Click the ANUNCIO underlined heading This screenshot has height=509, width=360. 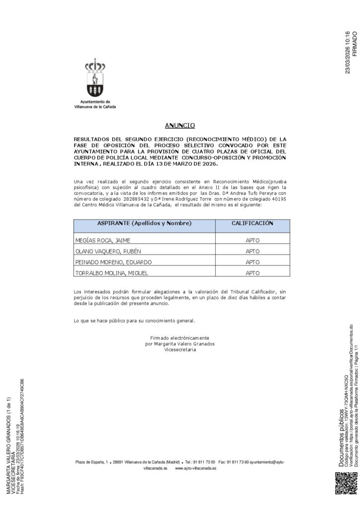180,126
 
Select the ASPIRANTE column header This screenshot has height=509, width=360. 144,224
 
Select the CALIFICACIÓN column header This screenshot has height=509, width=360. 253,224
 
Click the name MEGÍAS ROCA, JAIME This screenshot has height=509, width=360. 102,240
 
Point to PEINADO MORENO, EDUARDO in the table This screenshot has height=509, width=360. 113,262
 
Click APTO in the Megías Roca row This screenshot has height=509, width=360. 253,240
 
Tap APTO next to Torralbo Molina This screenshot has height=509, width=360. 253,273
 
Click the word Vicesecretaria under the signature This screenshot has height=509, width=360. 180,349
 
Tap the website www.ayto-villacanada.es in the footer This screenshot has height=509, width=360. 195,468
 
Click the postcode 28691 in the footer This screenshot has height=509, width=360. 119,462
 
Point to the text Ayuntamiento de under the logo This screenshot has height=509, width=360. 94,101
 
